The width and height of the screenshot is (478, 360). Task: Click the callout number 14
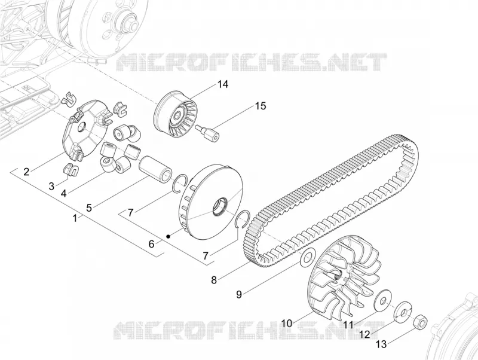tap(222, 84)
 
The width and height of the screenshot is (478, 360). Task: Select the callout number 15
tap(261, 106)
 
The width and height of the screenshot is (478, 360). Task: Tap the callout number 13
tap(381, 344)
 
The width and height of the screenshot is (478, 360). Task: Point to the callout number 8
tap(214, 280)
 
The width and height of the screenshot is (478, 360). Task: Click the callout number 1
tap(75, 218)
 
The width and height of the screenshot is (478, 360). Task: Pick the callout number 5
tap(89, 208)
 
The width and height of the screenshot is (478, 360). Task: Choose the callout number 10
tap(287, 323)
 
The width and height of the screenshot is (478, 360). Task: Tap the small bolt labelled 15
tap(208, 133)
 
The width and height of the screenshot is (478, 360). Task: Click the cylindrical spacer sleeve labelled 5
tap(154, 170)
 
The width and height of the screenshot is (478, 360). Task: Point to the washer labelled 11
tap(382, 301)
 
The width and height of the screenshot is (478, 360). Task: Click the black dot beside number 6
tap(168, 236)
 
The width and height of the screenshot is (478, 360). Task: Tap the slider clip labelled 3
tap(71, 170)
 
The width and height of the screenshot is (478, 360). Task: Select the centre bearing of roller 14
tap(177, 117)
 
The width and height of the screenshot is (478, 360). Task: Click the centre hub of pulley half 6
tap(219, 207)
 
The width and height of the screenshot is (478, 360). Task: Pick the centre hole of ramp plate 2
tap(81, 127)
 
